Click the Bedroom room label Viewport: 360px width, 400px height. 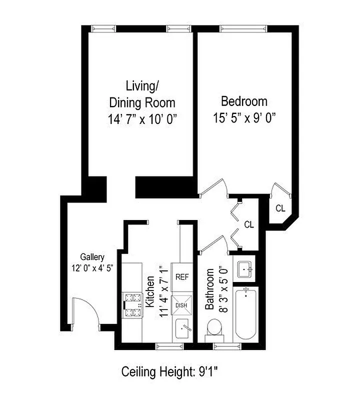[x=244, y=101]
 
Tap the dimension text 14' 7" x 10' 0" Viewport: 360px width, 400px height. [x=143, y=119]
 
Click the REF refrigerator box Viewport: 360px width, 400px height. [x=180, y=275]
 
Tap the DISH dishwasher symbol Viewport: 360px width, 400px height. [x=180, y=304]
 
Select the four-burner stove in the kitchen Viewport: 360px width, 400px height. [x=132, y=305]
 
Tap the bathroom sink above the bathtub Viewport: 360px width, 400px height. [x=244, y=269]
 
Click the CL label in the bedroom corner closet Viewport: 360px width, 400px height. [x=280, y=208]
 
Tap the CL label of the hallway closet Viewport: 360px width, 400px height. [x=248, y=224]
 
